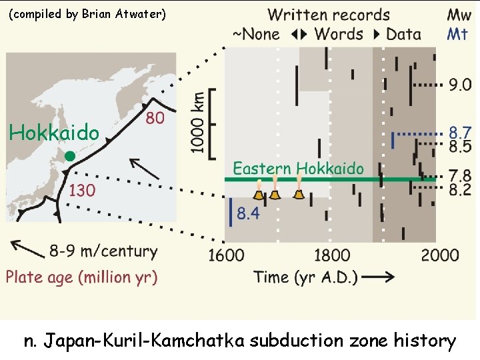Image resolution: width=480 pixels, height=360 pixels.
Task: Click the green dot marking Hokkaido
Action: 69,156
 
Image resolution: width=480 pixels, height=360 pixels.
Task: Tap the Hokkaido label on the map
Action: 54,133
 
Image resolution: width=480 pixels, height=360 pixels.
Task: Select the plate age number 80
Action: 155,118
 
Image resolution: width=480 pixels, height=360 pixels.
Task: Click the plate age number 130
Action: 82,191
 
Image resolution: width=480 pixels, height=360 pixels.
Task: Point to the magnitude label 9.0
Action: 460,85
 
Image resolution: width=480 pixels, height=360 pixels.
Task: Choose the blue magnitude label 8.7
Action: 460,133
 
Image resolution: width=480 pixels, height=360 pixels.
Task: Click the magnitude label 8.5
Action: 460,146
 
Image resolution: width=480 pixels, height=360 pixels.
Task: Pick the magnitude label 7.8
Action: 460,175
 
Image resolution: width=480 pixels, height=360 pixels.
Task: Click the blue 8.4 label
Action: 249,214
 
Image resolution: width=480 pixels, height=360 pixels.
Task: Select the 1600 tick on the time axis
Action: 226,255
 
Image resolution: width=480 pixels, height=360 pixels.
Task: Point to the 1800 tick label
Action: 331,255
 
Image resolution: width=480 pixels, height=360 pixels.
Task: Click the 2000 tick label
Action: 439,255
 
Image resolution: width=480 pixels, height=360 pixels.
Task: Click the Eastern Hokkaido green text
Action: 298,168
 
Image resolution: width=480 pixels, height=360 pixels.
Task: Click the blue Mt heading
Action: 457,33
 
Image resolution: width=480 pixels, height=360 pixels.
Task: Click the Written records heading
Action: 329,14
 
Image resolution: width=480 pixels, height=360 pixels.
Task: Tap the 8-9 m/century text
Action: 103,252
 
